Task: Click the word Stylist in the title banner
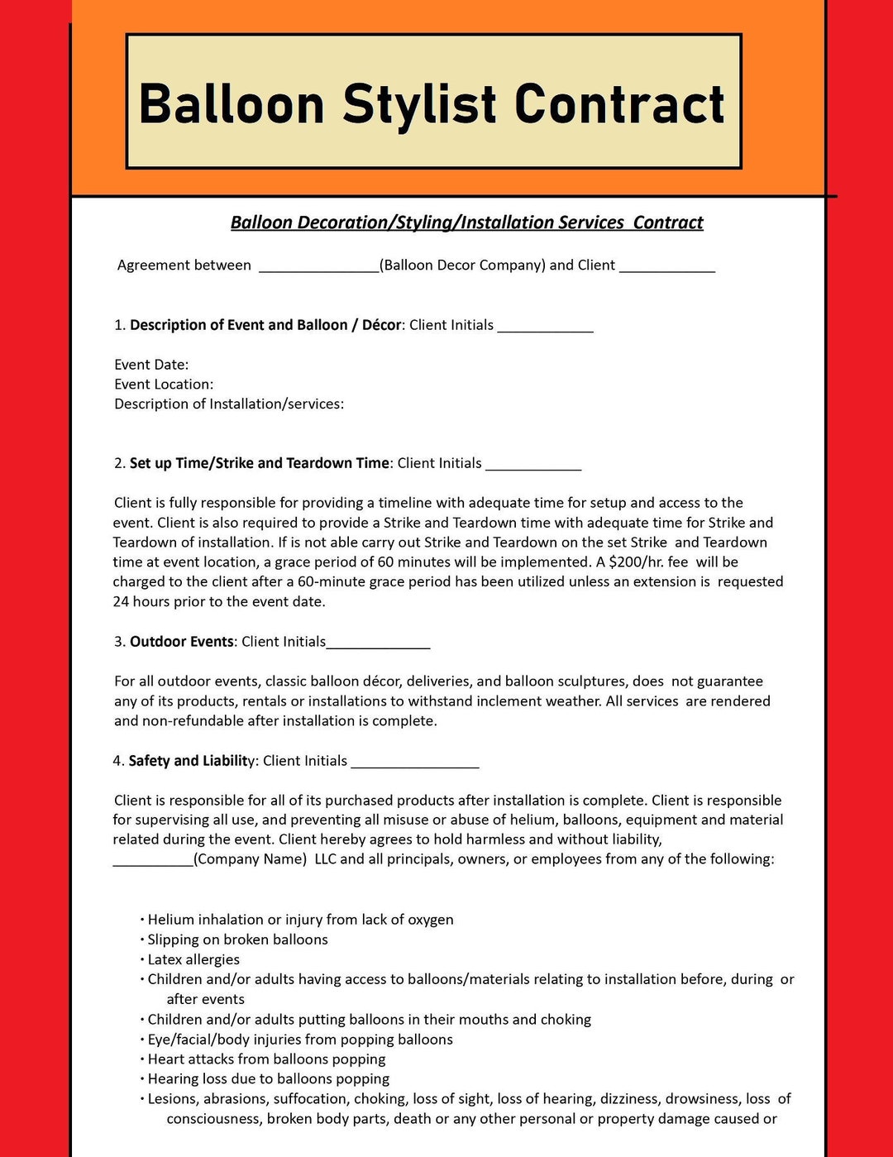click(419, 105)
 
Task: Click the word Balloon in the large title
click(232, 105)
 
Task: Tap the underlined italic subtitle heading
click(466, 222)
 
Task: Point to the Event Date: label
click(151, 365)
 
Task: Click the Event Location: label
click(164, 385)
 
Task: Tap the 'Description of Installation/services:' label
click(229, 404)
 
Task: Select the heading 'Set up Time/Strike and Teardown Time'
click(259, 463)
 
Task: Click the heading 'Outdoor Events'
click(182, 642)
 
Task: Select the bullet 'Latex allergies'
click(193, 959)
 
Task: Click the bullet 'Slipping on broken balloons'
click(237, 939)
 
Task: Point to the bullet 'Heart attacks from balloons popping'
click(266, 1059)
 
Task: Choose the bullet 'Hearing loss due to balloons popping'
click(268, 1079)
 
